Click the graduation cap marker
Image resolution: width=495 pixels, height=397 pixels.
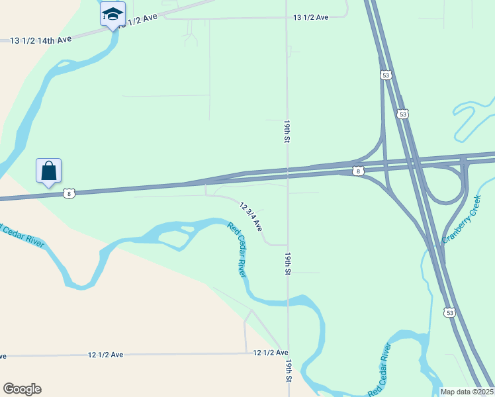tap(112, 14)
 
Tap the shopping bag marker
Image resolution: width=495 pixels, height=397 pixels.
tap(49, 171)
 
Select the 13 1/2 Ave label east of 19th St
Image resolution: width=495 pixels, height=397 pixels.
tap(311, 17)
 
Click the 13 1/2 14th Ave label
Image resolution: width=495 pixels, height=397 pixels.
tap(41, 40)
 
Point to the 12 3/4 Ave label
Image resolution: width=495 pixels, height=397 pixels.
tap(251, 216)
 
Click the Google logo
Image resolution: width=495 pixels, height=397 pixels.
tap(22, 389)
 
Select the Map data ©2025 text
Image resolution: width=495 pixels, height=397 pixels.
tap(467, 392)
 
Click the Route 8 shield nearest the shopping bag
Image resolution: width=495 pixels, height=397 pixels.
tap(69, 193)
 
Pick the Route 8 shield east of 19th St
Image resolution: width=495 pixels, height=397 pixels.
tap(358, 171)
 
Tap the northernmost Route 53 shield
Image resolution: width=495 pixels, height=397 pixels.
tap(386, 75)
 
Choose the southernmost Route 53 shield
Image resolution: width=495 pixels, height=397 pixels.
tap(450, 312)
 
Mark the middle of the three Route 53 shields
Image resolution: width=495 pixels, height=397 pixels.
tap(403, 114)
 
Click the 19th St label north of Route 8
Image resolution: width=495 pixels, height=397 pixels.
tap(287, 132)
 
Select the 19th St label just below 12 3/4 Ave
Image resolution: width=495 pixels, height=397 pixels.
tap(289, 263)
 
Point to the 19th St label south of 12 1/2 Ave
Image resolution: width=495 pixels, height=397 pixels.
tap(289, 373)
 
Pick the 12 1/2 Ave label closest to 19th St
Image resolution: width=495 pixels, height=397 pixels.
tap(271, 353)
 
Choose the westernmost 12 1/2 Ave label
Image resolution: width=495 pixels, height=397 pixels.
tap(106, 355)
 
